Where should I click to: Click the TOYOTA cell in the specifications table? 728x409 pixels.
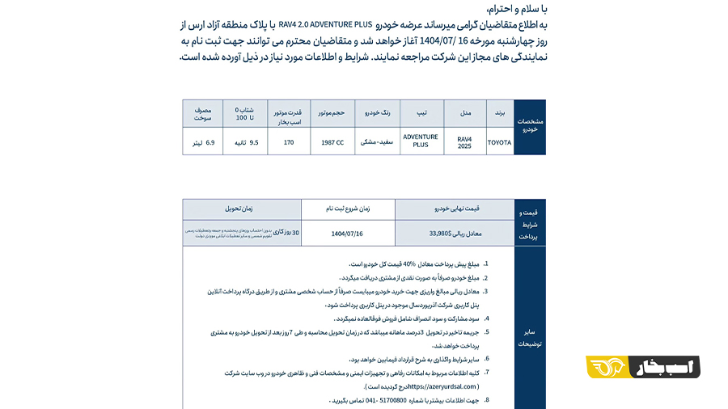click(499, 142)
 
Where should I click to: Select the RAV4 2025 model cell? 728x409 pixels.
click(463, 142)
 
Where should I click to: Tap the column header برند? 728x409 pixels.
click(499, 114)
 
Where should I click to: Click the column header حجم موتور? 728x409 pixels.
click(332, 114)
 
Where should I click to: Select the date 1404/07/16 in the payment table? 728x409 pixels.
click(348, 233)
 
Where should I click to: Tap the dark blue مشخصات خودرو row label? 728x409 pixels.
click(530, 127)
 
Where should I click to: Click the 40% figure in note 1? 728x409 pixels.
click(409, 264)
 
